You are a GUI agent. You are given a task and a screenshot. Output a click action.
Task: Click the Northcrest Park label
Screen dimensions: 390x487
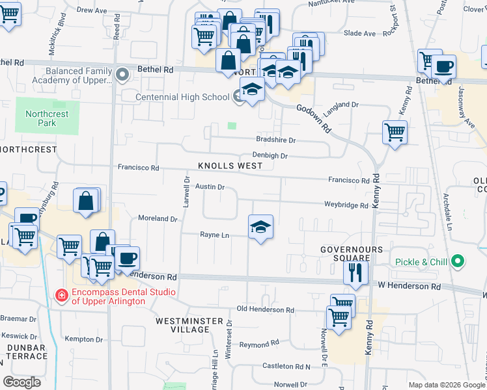[47, 118]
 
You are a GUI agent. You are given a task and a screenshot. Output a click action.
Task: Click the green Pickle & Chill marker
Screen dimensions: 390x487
[458, 262]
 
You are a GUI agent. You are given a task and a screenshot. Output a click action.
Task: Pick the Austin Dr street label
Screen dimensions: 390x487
[210, 187]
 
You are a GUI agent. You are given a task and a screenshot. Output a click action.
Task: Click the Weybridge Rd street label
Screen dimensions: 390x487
[346, 205]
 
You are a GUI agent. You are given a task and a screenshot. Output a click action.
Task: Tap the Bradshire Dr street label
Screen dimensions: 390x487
[275, 140]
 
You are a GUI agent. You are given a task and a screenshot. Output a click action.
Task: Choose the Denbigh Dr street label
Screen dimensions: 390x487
[270, 156]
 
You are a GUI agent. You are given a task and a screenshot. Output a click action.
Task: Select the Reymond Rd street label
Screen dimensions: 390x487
[259, 343]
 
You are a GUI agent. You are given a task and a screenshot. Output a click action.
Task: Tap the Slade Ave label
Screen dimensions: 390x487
[359, 33]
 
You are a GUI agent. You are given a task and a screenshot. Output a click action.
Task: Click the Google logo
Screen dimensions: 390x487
[22, 382]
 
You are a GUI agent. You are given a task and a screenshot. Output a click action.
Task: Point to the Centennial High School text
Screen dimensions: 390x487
[182, 97]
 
